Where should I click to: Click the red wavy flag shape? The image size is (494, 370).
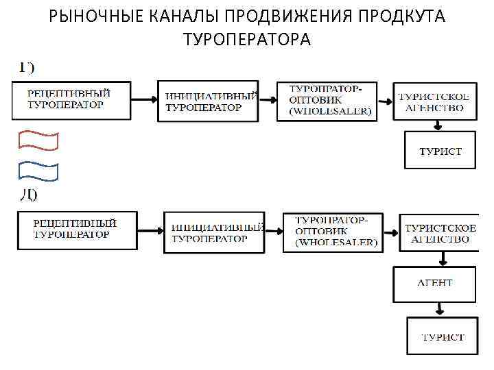coord(38,140)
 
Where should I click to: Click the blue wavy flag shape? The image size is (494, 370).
coord(38,171)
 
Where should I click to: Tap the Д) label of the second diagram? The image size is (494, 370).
coord(27,195)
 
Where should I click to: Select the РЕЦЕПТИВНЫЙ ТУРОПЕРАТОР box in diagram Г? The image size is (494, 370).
coord(70,99)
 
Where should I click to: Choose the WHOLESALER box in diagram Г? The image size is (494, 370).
coord(327,101)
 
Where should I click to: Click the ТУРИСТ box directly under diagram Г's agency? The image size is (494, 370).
coord(440,150)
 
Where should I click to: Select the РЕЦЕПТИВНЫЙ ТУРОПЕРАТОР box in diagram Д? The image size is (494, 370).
coord(76,230)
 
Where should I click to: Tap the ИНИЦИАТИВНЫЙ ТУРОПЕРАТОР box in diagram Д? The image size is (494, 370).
coord(215,233)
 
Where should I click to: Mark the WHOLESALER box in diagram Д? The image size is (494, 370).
coord(333,232)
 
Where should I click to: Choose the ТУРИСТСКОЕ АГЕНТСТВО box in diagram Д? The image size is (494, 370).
coord(438,233)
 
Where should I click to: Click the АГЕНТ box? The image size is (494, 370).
coord(434,284)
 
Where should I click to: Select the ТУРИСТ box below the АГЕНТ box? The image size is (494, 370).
coord(442,336)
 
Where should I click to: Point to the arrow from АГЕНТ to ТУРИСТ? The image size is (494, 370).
coord(445,309)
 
